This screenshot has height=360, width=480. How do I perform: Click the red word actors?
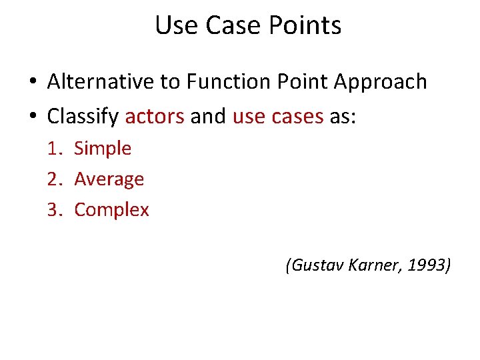pyautogui.click(x=155, y=117)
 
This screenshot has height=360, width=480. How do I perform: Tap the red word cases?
pyautogui.click(x=297, y=117)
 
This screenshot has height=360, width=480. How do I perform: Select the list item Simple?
pyautogui.click(x=103, y=149)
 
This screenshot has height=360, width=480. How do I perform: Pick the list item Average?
pyautogui.click(x=109, y=179)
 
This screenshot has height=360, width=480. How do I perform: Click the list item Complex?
pyautogui.click(x=111, y=210)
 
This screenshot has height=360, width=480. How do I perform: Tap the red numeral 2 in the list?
pyautogui.click(x=53, y=179)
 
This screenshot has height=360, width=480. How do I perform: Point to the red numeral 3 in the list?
pyautogui.click(x=53, y=210)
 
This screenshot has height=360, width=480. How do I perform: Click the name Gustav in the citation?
pyautogui.click(x=311, y=266)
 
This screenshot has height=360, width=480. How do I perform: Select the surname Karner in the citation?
pyautogui.click(x=367, y=266)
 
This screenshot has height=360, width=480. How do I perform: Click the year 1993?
pyautogui.click(x=427, y=266)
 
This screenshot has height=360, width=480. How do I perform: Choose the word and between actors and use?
pyautogui.click(x=208, y=117)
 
